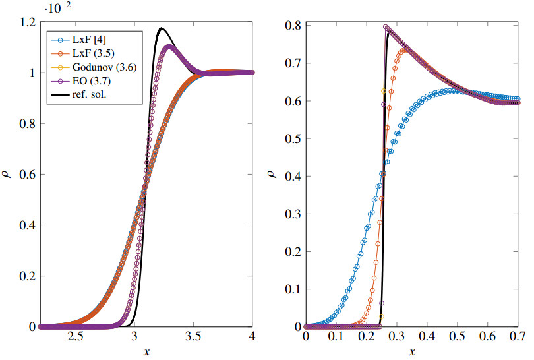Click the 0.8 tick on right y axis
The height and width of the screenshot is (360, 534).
point(289,26)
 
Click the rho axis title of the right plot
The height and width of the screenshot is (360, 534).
point(272,175)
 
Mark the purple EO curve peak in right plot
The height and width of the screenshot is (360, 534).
point(386,28)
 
